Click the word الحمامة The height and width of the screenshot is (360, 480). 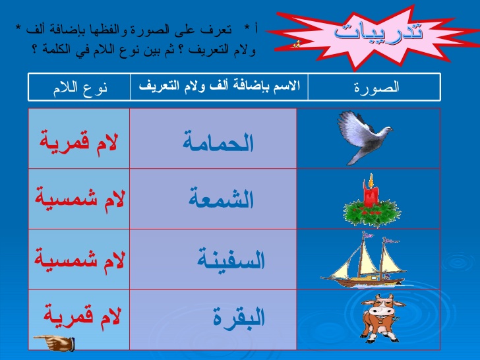coord(218,142)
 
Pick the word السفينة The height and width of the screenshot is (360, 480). coord(231,260)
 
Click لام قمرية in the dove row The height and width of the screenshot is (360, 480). coord(78,141)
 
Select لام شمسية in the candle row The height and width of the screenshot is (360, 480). coord(78,200)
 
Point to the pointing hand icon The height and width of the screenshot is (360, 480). coord(54,342)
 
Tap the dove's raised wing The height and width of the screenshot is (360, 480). coord(349,123)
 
